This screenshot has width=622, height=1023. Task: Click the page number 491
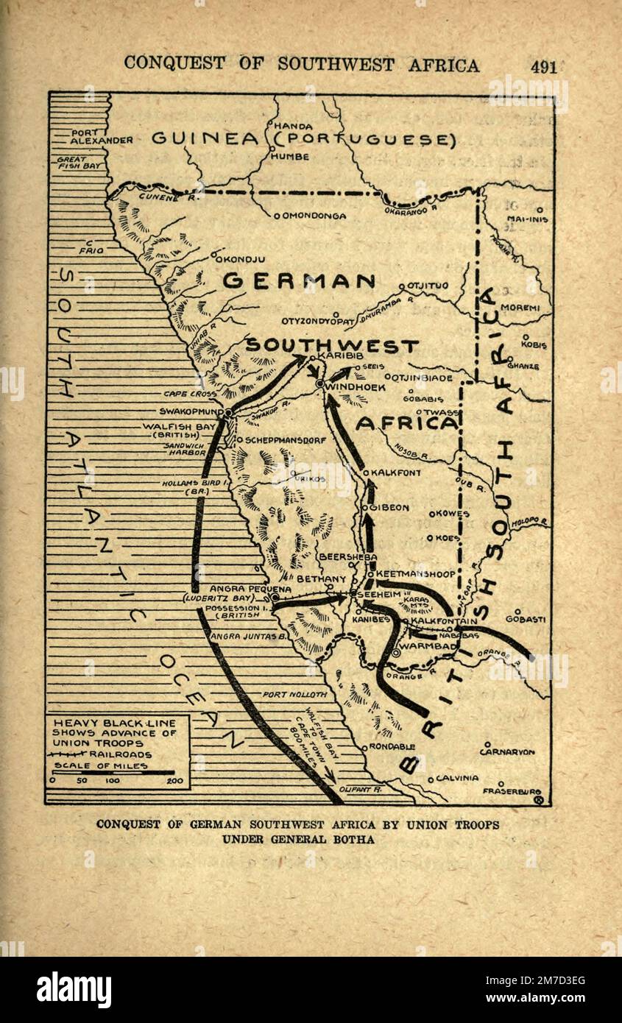pyautogui.click(x=543, y=66)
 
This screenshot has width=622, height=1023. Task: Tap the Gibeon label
pyautogui.click(x=389, y=508)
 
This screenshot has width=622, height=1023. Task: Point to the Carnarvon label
pyautogui.click(x=507, y=751)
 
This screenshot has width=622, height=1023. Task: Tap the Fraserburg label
pyautogui.click(x=512, y=792)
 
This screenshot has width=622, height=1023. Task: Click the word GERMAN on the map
pyautogui.click(x=299, y=281)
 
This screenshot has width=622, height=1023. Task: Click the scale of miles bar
pyautogui.click(x=113, y=774)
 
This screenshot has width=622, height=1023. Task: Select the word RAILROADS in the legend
pyautogui.click(x=120, y=754)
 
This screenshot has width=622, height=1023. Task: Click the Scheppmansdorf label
pyautogui.click(x=280, y=440)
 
